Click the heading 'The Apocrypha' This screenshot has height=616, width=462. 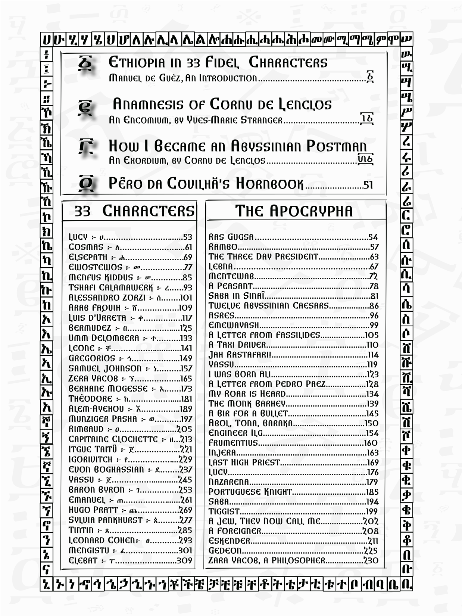coord(294,211)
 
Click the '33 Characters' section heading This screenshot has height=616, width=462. coord(134,211)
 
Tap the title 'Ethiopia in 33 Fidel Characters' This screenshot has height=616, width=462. coord(218,62)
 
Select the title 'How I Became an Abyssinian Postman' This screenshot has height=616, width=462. coord(237,146)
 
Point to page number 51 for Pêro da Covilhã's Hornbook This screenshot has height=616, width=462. coord(368,185)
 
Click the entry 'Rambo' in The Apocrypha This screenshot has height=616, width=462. coord(223,247)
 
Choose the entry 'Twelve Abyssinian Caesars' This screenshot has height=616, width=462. coord(269,306)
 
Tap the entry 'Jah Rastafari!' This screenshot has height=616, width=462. coord(240,355)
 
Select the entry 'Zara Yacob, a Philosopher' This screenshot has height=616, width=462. coord(267,560)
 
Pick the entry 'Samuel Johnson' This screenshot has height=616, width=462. coord(105,368)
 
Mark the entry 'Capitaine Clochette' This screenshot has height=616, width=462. coord(113,439)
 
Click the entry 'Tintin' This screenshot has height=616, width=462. coord(81,530)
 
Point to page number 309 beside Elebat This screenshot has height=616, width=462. coord(184,561)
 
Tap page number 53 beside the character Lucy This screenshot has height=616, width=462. coord(187,237)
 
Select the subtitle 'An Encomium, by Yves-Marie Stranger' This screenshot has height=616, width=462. coord(196,120)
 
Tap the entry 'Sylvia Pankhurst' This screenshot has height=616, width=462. coord(105,520)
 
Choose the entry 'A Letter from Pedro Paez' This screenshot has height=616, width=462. coord(267,384)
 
